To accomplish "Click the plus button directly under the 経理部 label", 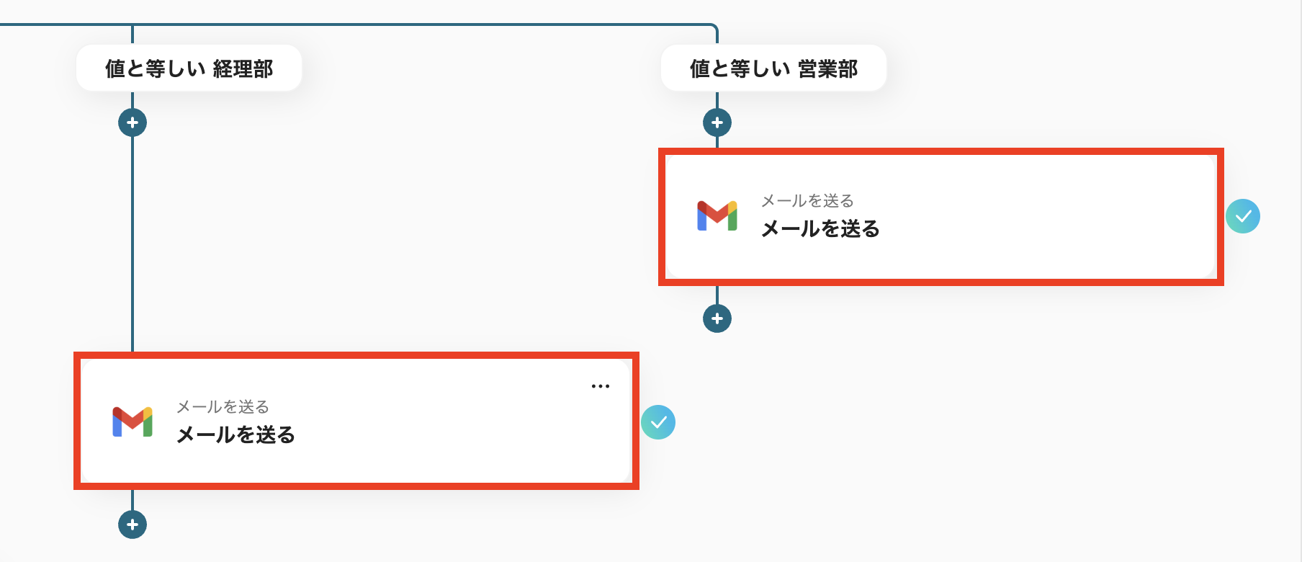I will [133, 122].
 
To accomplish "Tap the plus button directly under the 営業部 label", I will [717, 122].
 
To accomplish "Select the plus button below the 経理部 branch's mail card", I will [133, 525].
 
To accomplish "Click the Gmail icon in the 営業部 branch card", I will [717, 215].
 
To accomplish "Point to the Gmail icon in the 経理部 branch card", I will [133, 421].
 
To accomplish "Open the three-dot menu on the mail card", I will [600, 386].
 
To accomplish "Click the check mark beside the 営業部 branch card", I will [1243, 216].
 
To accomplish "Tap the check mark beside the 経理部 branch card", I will [658, 422].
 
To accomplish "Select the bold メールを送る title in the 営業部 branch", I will [820, 229].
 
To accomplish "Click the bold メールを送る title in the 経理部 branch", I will [235, 435].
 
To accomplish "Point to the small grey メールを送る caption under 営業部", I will [807, 200].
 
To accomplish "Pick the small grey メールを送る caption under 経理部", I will [223, 406].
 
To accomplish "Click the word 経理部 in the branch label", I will [243, 69].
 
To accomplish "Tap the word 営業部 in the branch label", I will [828, 69].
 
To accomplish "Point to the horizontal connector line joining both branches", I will [425, 24].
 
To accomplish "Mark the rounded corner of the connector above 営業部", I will [714, 27].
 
